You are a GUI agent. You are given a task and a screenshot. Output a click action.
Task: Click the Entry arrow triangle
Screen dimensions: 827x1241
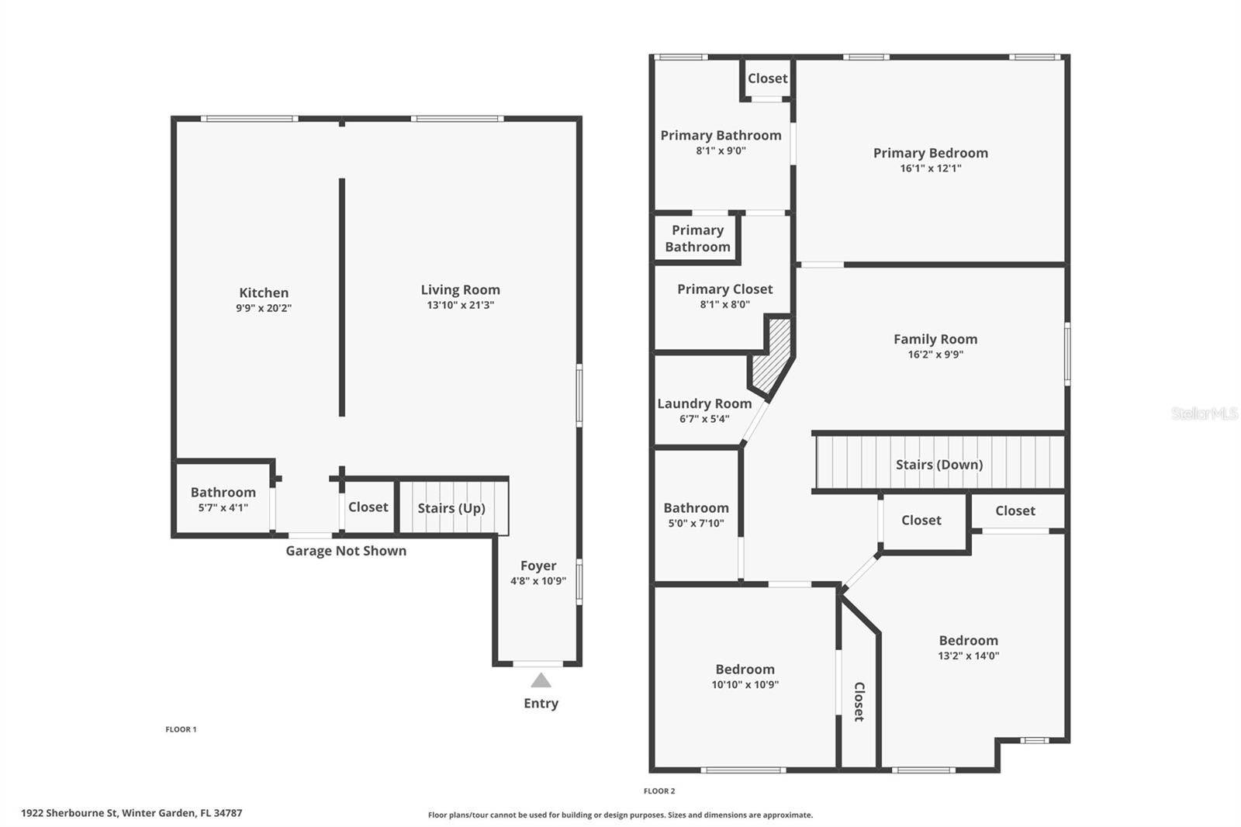coord(541,681)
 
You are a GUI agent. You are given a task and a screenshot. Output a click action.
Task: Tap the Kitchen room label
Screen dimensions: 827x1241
coord(264,292)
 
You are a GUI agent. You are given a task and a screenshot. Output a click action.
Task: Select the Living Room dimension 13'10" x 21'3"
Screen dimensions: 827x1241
coord(460,306)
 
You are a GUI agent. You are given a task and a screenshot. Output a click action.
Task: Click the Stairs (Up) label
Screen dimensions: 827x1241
coord(451,508)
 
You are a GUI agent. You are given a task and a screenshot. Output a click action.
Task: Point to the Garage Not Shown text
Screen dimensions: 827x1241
coord(346,551)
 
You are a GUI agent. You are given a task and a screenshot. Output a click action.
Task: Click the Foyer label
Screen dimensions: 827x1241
coord(538,566)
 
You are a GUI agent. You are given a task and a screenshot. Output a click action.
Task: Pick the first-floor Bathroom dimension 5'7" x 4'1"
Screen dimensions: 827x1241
coord(223,508)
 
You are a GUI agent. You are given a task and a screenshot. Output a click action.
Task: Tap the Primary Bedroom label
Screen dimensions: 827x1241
coord(930,153)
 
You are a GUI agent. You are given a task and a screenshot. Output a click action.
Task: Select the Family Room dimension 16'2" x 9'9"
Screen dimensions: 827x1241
coord(935,355)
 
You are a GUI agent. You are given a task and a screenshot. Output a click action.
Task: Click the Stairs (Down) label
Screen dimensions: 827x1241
coord(939,465)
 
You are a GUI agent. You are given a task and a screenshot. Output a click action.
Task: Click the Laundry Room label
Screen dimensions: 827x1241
coord(704,403)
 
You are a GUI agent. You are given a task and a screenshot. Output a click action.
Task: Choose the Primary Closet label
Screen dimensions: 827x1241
coord(724,289)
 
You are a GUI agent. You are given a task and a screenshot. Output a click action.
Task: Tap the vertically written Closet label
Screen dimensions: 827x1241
coord(859,701)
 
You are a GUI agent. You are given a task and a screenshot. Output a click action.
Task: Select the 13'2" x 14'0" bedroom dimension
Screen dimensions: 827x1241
coord(968,656)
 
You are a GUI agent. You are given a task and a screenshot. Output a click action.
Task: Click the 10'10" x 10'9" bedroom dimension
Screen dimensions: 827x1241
coord(745,684)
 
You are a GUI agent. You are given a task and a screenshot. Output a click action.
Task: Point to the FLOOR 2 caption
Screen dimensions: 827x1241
coord(659,791)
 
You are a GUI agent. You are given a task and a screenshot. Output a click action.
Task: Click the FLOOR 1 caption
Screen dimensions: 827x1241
coord(181,729)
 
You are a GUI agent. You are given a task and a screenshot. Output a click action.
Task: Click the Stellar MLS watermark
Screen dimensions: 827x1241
coord(1204,413)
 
